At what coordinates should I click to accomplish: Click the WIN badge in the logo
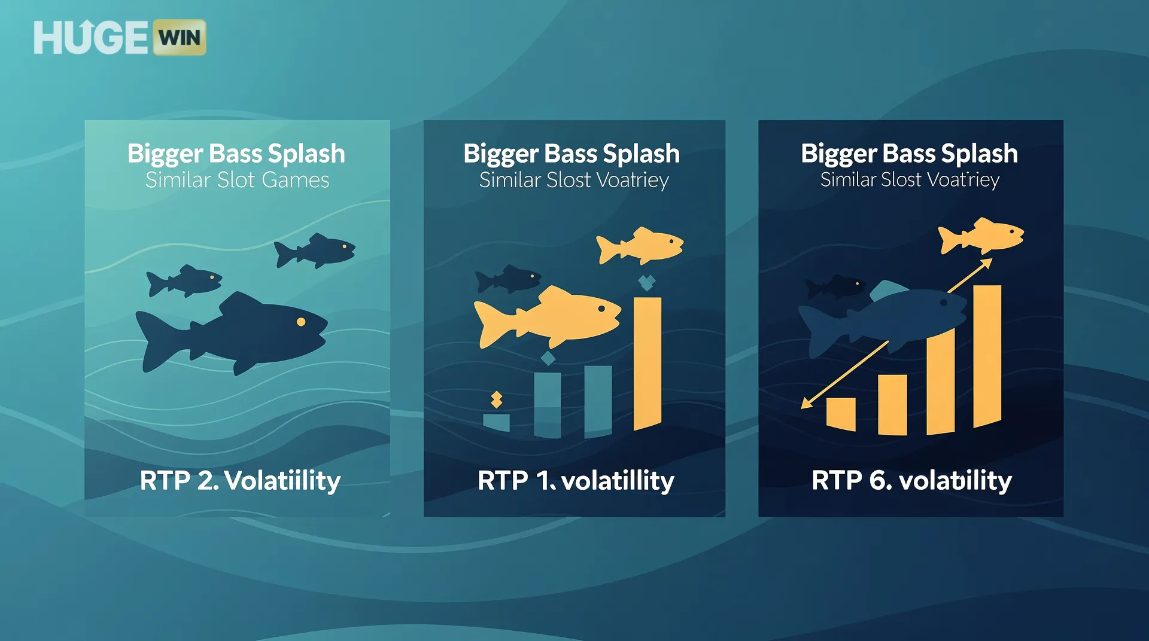180,38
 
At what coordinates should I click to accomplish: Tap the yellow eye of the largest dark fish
301,322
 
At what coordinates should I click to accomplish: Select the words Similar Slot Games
237,180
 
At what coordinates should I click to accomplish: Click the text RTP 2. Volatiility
240,481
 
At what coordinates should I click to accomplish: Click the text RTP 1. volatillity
576,481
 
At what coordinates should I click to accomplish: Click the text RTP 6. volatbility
911,481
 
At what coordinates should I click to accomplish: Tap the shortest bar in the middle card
496,422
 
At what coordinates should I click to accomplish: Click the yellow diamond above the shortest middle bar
496,399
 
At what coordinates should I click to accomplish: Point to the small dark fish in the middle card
509,279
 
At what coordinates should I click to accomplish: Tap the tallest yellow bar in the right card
987,356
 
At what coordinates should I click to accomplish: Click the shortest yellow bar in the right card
841,414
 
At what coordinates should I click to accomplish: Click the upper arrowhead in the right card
986,264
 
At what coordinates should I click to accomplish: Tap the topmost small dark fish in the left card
315,251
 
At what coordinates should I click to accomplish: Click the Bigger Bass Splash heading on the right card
909,154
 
